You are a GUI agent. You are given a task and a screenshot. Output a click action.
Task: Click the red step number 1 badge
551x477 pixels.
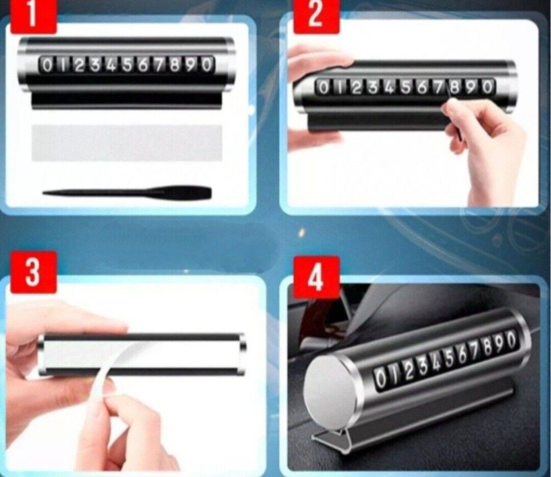33,16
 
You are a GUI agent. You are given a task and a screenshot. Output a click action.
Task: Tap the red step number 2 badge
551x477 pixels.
316,16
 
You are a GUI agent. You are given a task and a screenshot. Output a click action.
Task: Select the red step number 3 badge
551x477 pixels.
33,272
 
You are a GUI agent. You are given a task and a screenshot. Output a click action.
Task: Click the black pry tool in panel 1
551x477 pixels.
127,192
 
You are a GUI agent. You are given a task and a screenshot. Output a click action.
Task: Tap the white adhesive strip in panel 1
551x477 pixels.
127,143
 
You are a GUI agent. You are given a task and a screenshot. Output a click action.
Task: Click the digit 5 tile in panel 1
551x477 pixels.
127,65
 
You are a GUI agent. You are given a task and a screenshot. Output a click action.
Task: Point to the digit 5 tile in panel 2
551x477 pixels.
405,88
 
